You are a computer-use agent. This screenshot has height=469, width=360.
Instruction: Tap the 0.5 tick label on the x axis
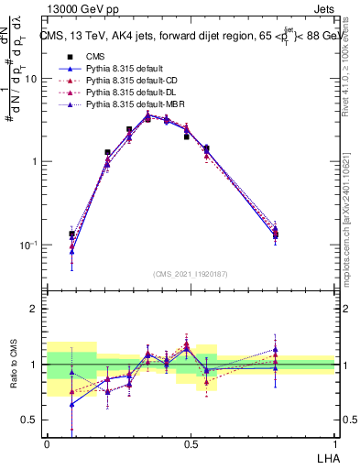coord(190,444)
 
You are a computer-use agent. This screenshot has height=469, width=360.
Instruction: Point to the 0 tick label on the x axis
coord(47,444)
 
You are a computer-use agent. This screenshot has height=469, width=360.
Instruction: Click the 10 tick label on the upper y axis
coord(30,79)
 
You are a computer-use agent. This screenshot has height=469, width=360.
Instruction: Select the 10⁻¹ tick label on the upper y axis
coord(27,245)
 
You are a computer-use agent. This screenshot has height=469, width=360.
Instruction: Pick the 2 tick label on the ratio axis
coord(34,309)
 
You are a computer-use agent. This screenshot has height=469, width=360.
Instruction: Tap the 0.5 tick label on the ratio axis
coord(29,420)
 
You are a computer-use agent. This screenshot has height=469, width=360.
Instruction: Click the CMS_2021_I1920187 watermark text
coord(190,274)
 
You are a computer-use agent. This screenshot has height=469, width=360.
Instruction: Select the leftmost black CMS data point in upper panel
coord(71,234)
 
